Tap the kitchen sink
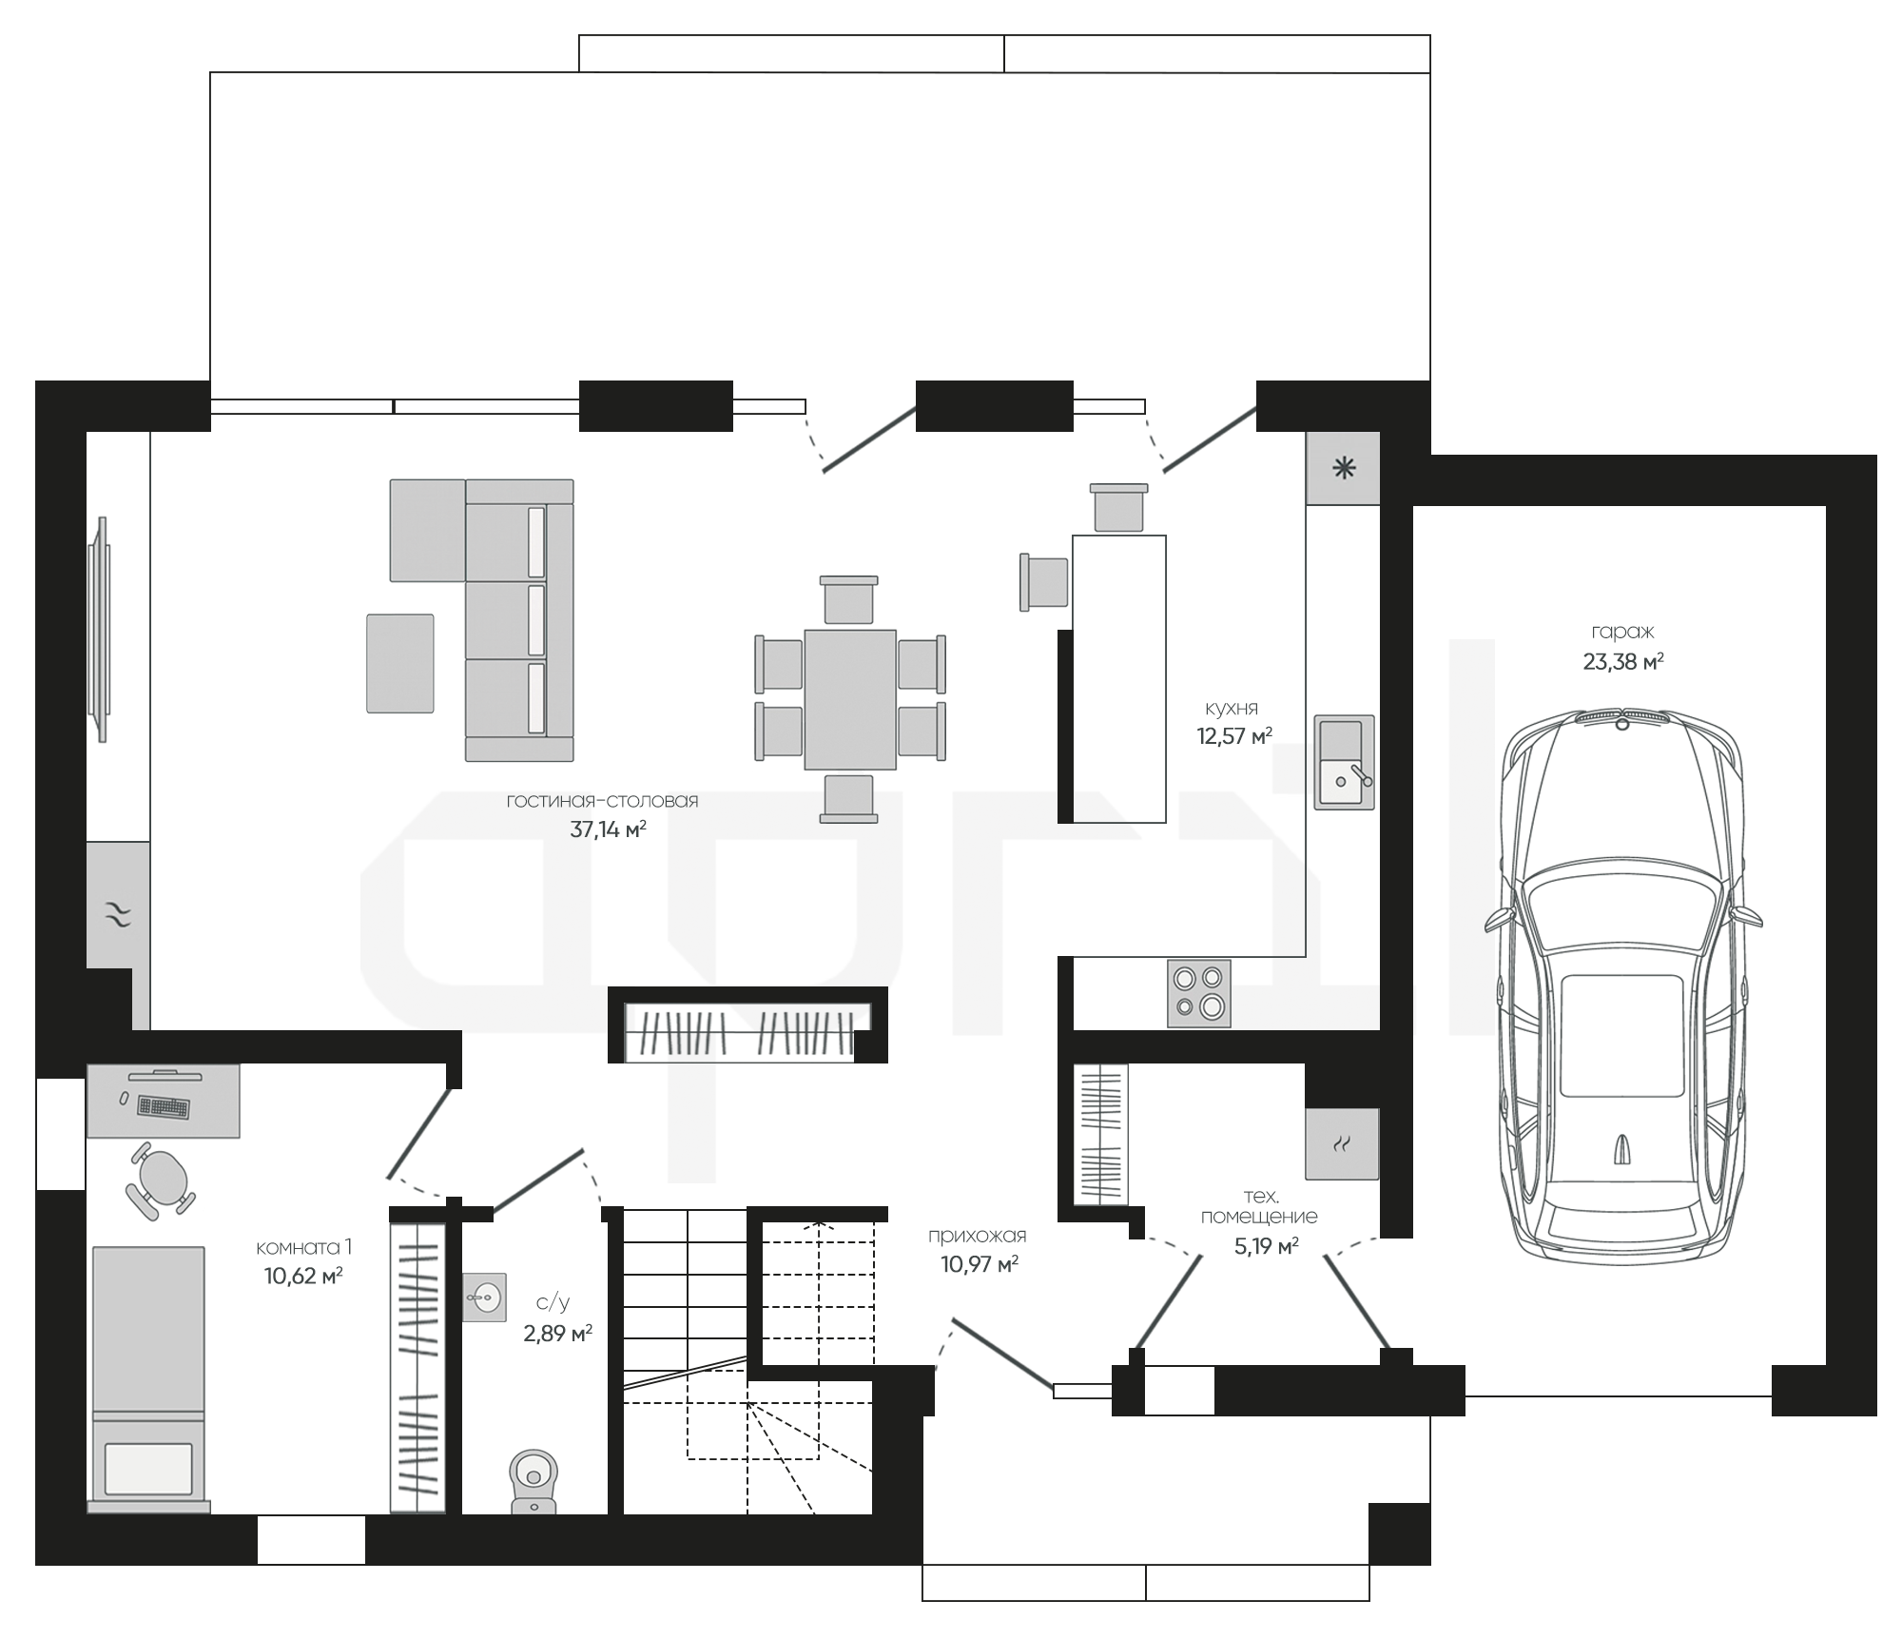1344,762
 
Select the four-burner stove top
1198,993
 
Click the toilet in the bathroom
534,1481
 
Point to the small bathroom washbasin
484,1297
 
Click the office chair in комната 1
160,1180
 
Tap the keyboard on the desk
163,1106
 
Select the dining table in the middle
849,699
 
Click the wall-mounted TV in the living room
100,629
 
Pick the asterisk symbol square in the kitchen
1343,468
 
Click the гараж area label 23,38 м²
1622,661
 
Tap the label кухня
1231,709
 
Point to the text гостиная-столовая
602,801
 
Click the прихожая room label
977,1237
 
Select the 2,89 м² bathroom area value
557,1334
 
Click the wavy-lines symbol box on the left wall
118,915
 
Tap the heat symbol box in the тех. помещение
1342,1143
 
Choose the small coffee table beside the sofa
399,663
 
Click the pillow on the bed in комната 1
148,1468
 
